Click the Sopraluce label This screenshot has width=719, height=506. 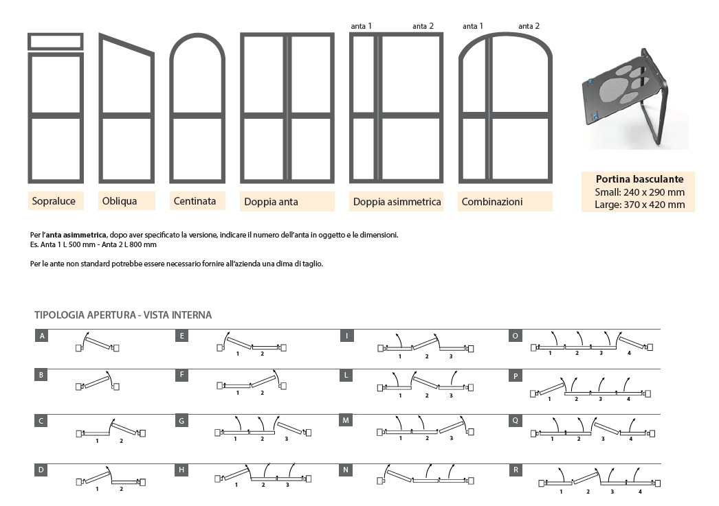coord(54,201)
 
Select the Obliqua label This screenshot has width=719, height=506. coord(119,201)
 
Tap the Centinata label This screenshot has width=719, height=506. coord(195,201)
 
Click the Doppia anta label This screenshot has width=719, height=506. coord(271,202)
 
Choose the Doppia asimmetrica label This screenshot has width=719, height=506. coord(396,202)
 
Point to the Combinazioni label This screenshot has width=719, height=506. coord(492,202)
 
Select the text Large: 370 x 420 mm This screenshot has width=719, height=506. coord(639,204)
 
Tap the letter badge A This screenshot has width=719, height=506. coord(43,336)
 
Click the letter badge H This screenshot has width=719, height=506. coord(181,470)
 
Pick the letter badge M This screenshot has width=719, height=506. coord(348,419)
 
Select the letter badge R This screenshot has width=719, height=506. coord(515,470)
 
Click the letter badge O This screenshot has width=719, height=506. coord(515,336)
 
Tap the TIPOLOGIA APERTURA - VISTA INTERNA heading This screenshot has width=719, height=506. coord(123,315)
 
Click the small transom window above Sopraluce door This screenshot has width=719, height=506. coord(56,41)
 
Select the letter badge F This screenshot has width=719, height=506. coord(181,376)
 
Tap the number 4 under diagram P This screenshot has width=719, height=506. coord(628,399)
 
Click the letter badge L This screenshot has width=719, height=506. coord(348,376)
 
